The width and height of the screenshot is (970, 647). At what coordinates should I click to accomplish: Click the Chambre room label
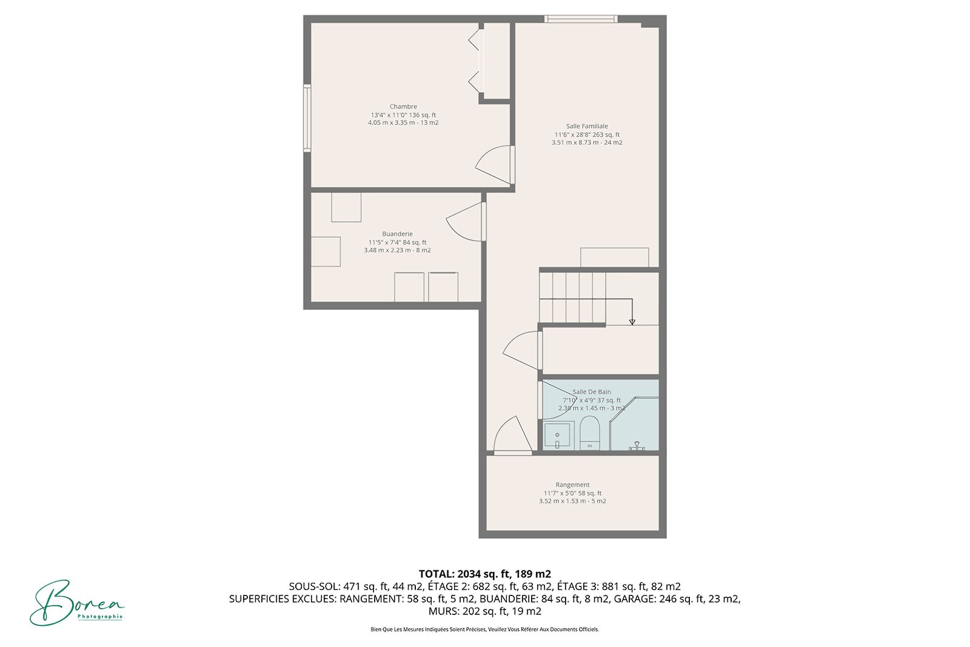[403, 107]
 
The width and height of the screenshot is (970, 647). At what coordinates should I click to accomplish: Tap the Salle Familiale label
[587, 127]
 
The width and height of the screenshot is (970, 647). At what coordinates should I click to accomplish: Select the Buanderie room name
[397, 234]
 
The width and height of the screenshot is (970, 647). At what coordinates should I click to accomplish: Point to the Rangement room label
[572, 485]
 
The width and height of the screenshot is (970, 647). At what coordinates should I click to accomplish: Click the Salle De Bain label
[592, 392]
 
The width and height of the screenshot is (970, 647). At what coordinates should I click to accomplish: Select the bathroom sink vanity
[557, 436]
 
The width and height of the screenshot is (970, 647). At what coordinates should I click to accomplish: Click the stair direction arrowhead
[632, 322]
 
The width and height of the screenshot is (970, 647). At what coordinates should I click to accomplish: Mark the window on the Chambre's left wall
[307, 118]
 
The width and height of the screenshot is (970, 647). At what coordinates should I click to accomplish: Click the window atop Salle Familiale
[581, 19]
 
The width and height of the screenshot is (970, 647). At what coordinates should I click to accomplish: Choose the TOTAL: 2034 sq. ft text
[484, 574]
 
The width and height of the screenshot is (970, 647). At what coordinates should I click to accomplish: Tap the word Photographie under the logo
[100, 617]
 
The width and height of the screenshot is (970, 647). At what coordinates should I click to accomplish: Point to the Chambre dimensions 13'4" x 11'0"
[403, 115]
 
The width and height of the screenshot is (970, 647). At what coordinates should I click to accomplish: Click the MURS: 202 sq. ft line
[484, 611]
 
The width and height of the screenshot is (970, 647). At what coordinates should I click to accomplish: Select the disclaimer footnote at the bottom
[484, 629]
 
